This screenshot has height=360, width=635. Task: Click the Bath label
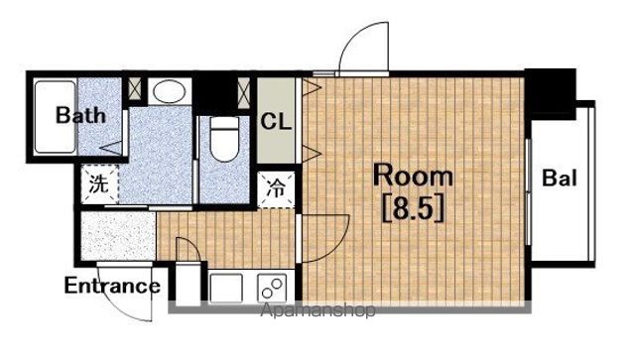click(80, 115)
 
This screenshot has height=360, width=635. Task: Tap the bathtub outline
click(56, 117)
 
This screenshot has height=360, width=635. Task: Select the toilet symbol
click(225, 139)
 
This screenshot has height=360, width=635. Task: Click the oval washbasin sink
click(170, 91)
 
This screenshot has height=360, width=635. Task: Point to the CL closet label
click(276, 121)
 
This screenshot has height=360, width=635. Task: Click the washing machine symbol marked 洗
click(99, 184)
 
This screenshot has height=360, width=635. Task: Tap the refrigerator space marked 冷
click(276, 189)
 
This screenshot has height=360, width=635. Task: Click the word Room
click(413, 176)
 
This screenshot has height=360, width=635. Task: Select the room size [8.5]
click(413, 208)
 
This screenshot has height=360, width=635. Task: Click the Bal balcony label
click(560, 178)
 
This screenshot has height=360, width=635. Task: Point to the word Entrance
click(112, 286)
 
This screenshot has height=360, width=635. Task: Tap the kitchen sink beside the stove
click(226, 288)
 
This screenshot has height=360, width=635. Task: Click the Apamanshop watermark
click(317, 310)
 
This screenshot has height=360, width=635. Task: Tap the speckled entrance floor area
click(118, 236)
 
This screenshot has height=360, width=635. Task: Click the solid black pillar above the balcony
click(552, 94)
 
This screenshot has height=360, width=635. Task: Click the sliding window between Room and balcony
click(528, 191)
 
